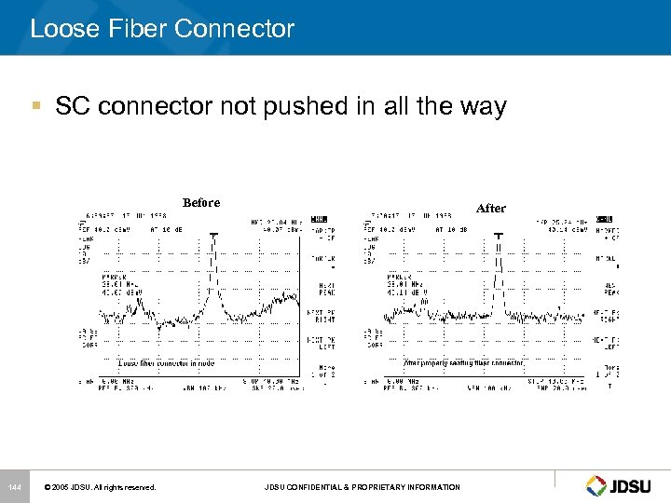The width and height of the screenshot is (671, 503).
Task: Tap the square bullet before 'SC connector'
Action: click(35, 107)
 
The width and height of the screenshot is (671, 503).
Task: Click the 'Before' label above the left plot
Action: click(201, 202)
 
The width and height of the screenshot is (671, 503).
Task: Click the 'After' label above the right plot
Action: click(490, 208)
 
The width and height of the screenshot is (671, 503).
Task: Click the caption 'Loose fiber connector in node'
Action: click(166, 362)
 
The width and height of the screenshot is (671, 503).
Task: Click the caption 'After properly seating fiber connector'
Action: click(462, 362)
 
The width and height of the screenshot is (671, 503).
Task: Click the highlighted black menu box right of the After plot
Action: click(604, 221)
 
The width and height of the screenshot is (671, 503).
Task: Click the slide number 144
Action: click(14, 486)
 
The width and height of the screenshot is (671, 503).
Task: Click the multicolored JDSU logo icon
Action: click(596, 485)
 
